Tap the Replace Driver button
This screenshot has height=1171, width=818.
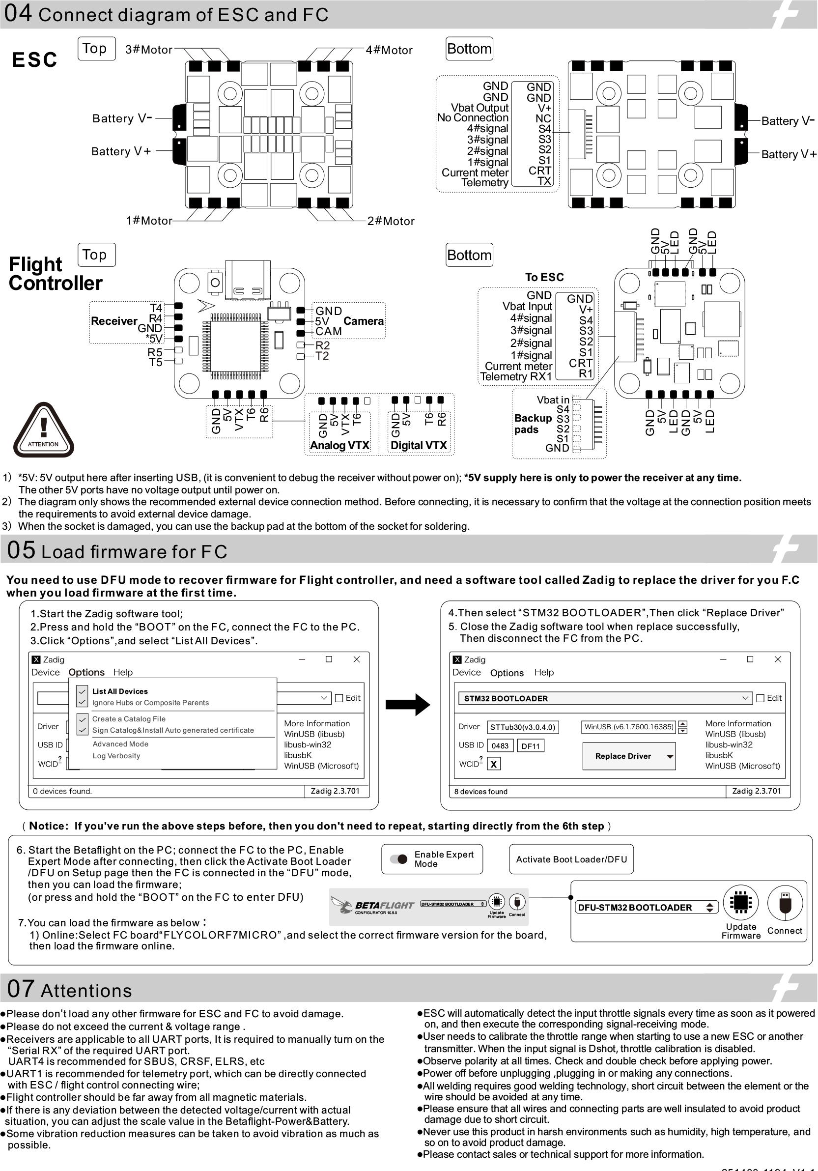tap(628, 756)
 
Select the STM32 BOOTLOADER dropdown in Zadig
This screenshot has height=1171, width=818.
tap(604, 698)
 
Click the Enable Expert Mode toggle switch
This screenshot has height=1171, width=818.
tap(398, 859)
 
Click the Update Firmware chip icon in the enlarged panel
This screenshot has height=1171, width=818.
tap(740, 902)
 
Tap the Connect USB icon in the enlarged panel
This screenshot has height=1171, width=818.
tap(784, 903)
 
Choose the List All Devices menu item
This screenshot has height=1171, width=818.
tap(120, 691)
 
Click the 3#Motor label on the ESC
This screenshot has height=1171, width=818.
tap(148, 50)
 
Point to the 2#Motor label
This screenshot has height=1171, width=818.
tap(391, 221)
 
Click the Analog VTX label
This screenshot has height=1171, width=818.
tap(339, 445)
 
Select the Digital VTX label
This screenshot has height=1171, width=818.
tap(418, 445)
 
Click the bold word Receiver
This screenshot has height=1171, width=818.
tap(113, 321)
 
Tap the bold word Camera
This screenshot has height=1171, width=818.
tap(363, 321)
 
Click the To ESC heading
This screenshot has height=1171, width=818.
tap(544, 277)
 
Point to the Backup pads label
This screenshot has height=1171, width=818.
tap(533, 423)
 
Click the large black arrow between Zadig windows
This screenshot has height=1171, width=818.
tap(407, 704)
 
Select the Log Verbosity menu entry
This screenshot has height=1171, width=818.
tap(116, 755)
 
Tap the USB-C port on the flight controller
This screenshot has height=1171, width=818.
tap(248, 280)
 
